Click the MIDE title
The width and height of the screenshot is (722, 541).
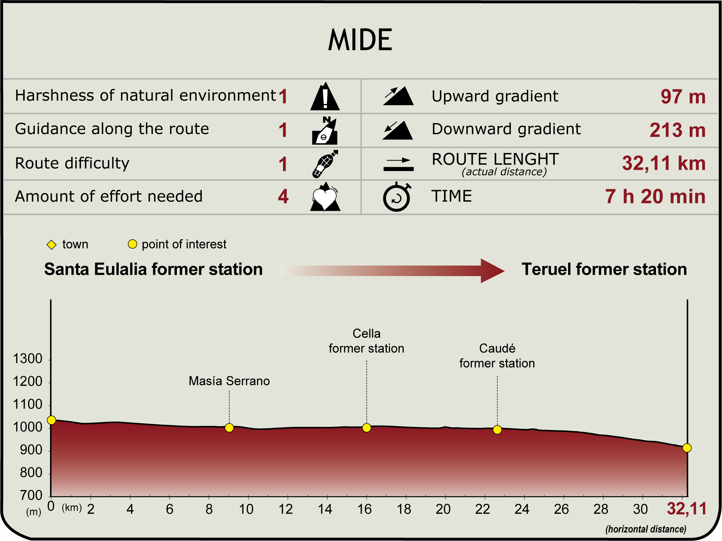[x=360, y=40]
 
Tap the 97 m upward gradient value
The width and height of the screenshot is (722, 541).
[x=683, y=97]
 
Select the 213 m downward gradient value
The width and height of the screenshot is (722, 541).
[x=677, y=130]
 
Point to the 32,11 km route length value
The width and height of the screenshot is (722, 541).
[x=663, y=163]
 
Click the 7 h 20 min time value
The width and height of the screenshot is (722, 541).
[x=655, y=196]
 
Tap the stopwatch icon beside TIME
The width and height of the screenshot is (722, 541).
[x=396, y=197]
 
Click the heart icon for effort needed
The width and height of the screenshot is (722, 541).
[x=325, y=197]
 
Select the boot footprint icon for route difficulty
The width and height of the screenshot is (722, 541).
[x=325, y=164]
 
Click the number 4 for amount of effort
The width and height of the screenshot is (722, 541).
[x=283, y=196]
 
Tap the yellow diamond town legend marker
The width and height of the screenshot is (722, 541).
[x=51, y=245]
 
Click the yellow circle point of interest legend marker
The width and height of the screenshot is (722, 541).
[x=132, y=244]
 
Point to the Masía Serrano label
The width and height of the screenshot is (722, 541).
[x=229, y=381]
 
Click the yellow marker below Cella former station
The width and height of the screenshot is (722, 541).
[x=367, y=428]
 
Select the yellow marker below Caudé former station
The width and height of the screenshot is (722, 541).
[x=497, y=430]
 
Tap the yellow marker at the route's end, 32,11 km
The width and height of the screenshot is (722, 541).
[x=687, y=448]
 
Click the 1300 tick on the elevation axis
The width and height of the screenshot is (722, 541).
[x=28, y=359]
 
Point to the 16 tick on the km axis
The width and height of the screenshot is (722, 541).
[x=364, y=509]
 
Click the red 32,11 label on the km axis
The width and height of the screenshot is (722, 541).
[x=687, y=509]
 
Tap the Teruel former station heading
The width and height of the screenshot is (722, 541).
[x=604, y=269]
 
